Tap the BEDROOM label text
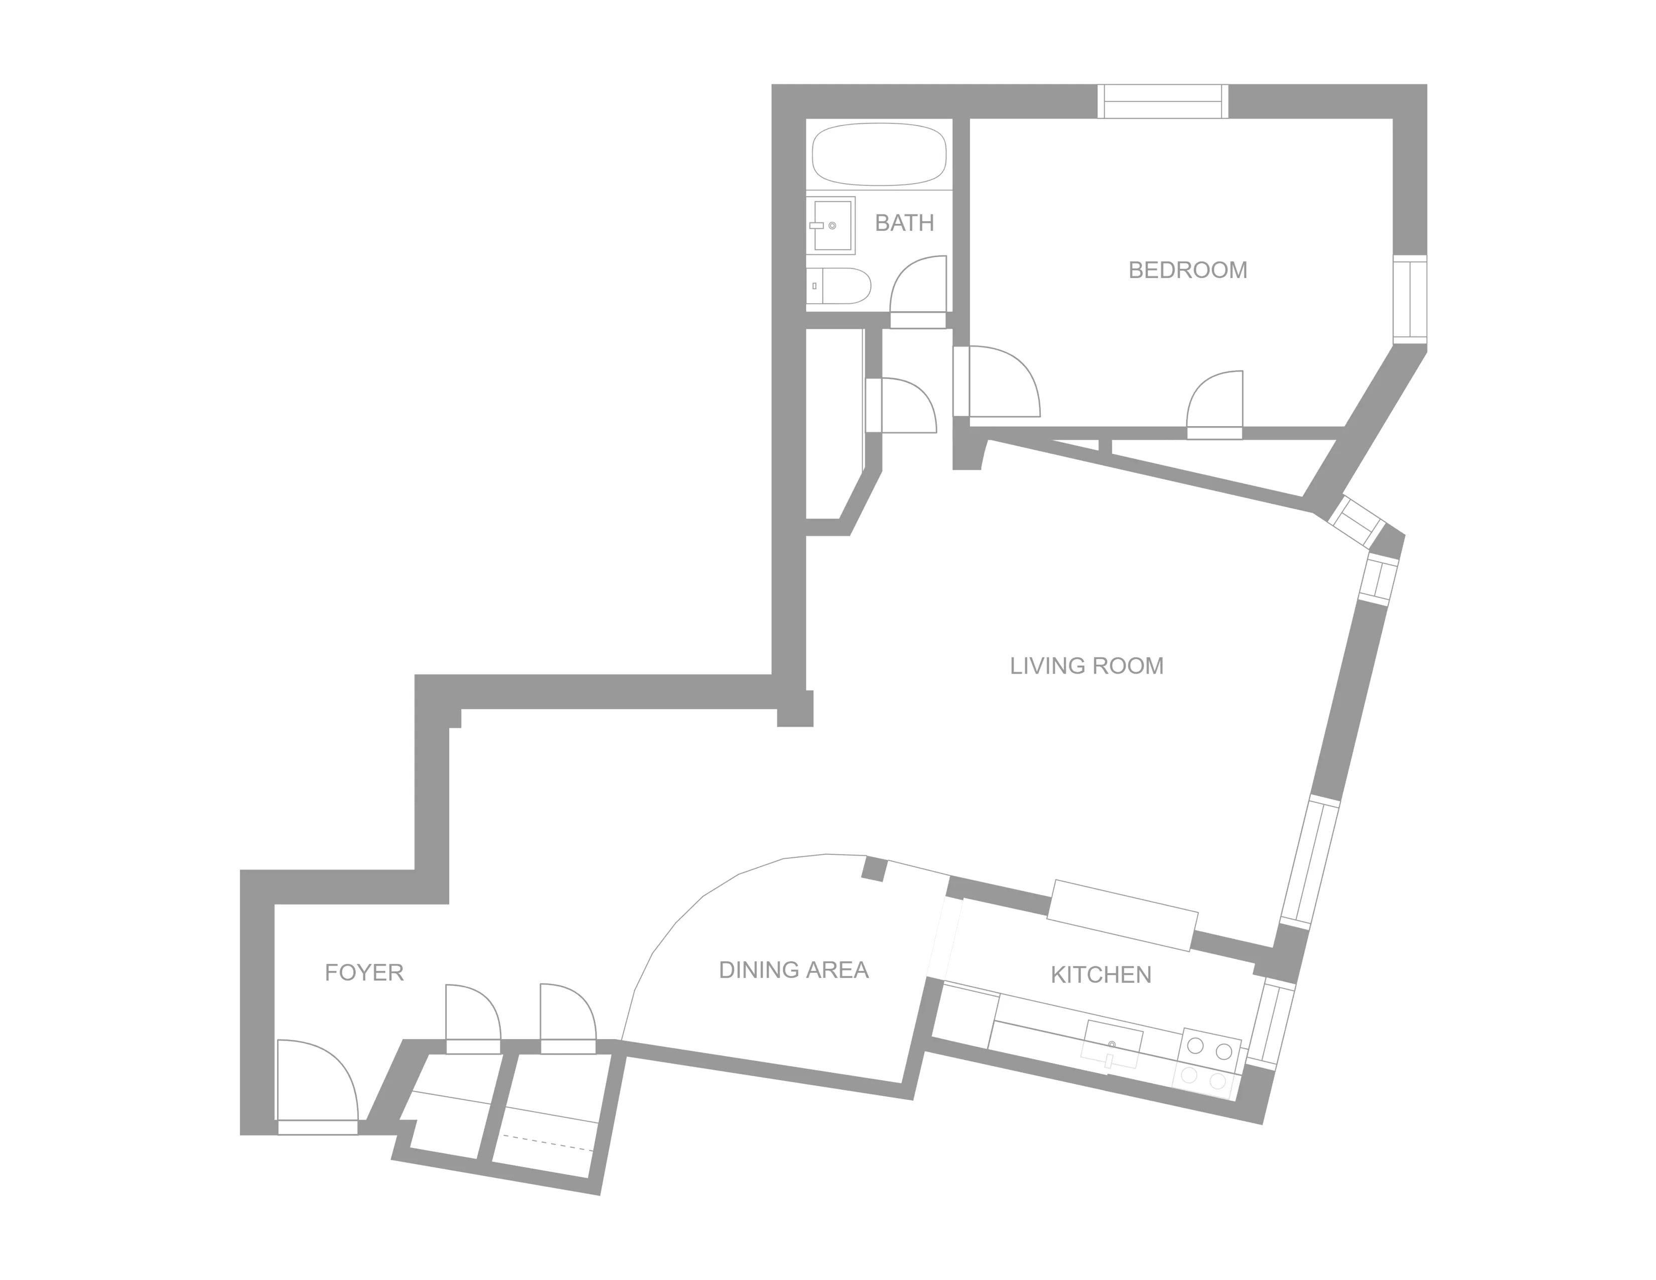pyautogui.click(x=1187, y=270)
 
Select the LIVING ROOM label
pyautogui.click(x=1086, y=666)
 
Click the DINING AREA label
pyautogui.click(x=793, y=970)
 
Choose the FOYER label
pyautogui.click(x=364, y=972)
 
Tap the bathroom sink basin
pyautogui.click(x=832, y=225)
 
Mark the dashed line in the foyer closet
pyautogui.click(x=547, y=1142)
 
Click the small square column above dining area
pyautogui.click(x=874, y=869)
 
